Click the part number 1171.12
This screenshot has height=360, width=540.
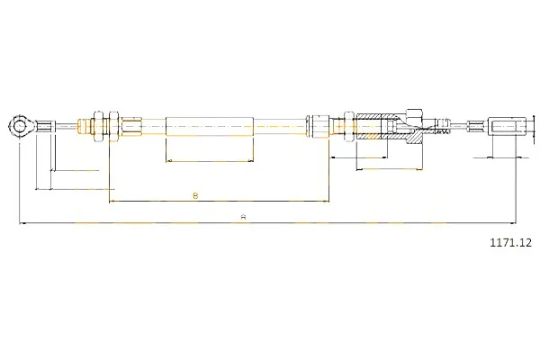pos(510,243)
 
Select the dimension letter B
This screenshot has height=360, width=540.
pos(195,195)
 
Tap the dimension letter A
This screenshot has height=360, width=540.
pos(244,218)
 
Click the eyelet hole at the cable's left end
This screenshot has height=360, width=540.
pos(20,126)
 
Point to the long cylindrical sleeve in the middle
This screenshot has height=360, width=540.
pos(210,126)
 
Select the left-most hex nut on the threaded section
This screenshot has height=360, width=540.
pos(98,126)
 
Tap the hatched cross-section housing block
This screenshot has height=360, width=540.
pos(389,126)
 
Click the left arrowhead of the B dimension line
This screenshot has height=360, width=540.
pos(112,201)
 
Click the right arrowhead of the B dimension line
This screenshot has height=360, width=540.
pos(327,201)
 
